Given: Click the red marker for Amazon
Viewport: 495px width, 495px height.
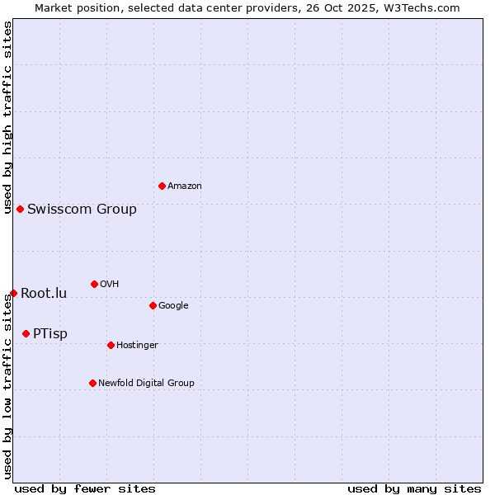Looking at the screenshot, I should click(162, 186).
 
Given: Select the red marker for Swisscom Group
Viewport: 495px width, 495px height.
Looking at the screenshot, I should click(20, 209).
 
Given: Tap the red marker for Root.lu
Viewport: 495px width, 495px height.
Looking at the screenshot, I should click(13, 293).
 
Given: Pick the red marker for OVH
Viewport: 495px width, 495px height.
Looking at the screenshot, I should click(94, 284).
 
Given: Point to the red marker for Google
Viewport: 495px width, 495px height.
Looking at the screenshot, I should click(153, 305).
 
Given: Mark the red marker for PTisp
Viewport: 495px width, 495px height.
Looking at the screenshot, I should click(26, 333).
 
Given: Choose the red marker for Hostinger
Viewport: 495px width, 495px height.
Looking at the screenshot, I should click(111, 345).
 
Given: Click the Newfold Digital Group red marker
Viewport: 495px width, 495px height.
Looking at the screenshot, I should click(92, 383).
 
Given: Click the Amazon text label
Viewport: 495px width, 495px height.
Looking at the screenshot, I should click(185, 186).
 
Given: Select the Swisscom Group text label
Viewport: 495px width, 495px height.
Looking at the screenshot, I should click(82, 210).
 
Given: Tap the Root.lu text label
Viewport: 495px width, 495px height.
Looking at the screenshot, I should click(44, 294).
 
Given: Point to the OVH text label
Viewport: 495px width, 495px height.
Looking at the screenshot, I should click(110, 285).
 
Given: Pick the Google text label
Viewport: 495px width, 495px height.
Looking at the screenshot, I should click(173, 306).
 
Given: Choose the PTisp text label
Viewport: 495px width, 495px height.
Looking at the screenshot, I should click(50, 334).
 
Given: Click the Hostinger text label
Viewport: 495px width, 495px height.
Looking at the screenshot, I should click(137, 346).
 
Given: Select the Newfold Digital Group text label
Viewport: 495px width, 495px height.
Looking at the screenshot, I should click(146, 384).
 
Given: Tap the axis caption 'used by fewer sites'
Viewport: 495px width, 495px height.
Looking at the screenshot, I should click(85, 488).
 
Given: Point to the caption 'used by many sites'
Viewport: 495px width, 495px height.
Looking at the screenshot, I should click(414, 488).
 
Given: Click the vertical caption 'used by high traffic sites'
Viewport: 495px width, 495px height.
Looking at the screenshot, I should click(7, 117).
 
